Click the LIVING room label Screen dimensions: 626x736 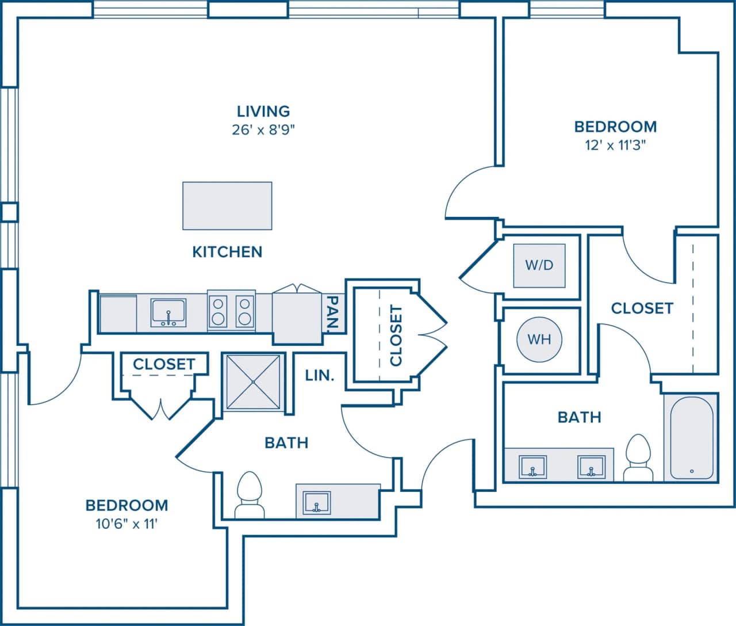[x=263, y=111]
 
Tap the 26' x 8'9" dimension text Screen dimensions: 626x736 [x=263, y=130]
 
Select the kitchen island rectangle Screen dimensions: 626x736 [x=227, y=206]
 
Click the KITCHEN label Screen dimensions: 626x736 [x=227, y=252]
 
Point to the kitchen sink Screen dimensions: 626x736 [x=168, y=313]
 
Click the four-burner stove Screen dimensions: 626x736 [x=231, y=311]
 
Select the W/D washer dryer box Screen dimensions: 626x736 [x=539, y=265]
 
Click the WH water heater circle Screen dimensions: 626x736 [x=539, y=339]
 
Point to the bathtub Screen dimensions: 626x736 [x=691, y=437]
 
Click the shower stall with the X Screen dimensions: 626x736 [x=253, y=382]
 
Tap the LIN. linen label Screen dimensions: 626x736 [x=320, y=376]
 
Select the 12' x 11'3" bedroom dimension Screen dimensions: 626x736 [x=615, y=145]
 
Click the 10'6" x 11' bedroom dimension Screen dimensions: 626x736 [x=126, y=524]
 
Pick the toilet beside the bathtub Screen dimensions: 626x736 [x=638, y=459]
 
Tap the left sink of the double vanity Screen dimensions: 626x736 [x=533, y=467]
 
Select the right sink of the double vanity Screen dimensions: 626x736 [x=592, y=467]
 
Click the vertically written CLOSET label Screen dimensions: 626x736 [x=396, y=335]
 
